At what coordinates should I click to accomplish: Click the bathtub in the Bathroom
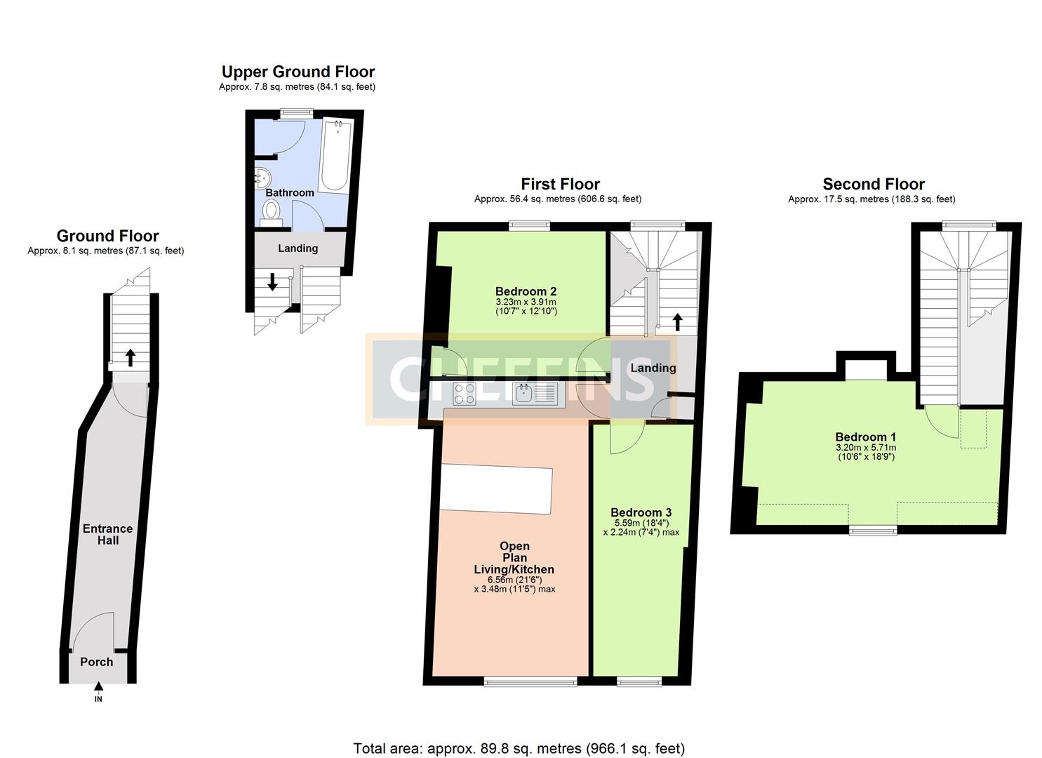point(336,156)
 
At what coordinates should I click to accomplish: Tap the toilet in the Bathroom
point(271,213)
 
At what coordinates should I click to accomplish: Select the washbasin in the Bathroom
point(263,178)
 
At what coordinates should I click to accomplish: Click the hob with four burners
point(465,394)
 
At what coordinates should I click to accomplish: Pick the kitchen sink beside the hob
point(535,394)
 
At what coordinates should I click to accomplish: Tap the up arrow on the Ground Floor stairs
point(131,357)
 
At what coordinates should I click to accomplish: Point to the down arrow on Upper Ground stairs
point(272,281)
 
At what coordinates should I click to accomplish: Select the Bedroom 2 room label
point(526,291)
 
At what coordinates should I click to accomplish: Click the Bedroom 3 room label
point(641,512)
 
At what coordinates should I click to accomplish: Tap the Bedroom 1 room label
point(866,437)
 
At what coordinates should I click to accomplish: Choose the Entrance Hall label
point(108,534)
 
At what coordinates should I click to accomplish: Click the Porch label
point(96,662)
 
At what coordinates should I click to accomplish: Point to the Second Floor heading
point(874,185)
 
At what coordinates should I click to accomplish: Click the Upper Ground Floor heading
point(298,72)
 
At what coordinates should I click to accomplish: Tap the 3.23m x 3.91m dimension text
point(526,302)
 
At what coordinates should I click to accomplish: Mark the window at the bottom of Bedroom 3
point(639,682)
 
